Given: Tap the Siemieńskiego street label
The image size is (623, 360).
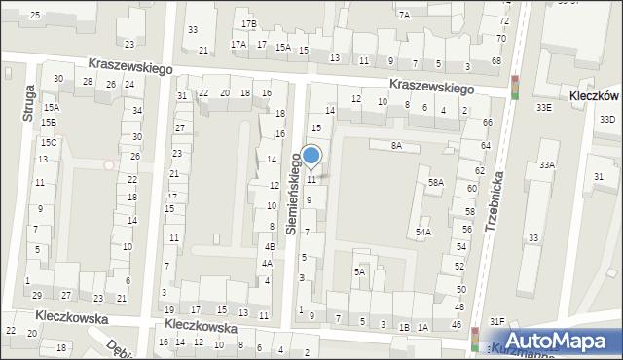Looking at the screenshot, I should (x=291, y=192).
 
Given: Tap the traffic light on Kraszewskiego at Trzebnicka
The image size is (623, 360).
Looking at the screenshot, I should (x=514, y=88).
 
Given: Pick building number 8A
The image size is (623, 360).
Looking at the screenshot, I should (x=396, y=145).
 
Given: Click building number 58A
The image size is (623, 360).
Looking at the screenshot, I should (x=436, y=182).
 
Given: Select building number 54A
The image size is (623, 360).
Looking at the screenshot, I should (x=422, y=232).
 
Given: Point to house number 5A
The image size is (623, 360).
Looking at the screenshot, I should (x=359, y=271).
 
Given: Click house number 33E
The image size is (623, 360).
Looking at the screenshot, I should (x=543, y=108).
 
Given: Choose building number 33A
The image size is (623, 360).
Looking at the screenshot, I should (x=547, y=165).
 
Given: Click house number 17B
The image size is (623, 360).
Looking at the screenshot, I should (x=249, y=23).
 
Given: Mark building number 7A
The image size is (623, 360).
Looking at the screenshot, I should (x=403, y=16).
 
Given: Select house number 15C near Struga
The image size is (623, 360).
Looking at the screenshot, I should (x=48, y=143).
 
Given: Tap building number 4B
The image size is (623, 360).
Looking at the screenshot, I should (x=270, y=246).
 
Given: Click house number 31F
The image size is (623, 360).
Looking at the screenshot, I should (x=496, y=321).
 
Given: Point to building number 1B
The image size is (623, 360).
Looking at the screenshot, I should (x=404, y=327).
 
